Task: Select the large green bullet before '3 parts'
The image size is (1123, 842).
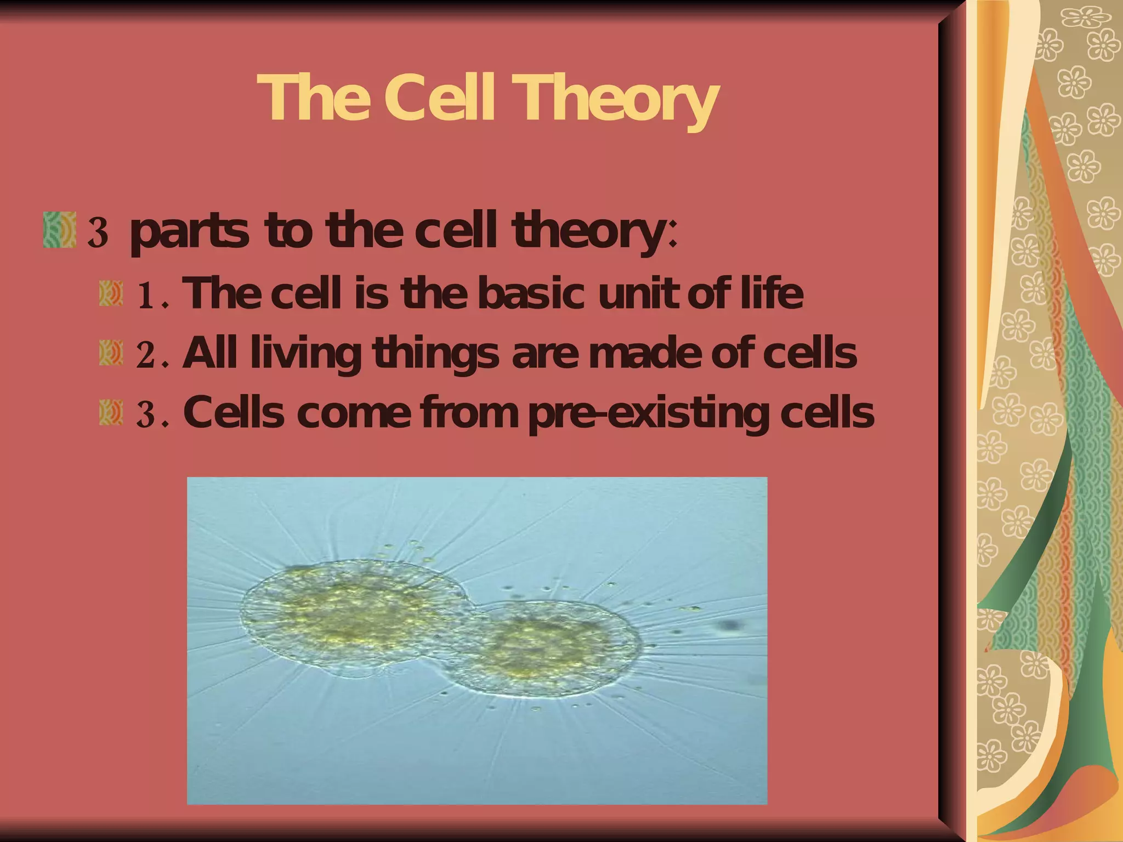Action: (x=59, y=230)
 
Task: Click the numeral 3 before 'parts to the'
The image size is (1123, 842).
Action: (x=97, y=232)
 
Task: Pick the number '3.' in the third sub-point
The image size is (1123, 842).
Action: (x=151, y=414)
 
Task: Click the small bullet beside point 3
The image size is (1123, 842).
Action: (x=110, y=412)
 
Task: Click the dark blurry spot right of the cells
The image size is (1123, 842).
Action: (x=729, y=625)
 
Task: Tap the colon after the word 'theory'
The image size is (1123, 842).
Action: (x=673, y=237)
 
